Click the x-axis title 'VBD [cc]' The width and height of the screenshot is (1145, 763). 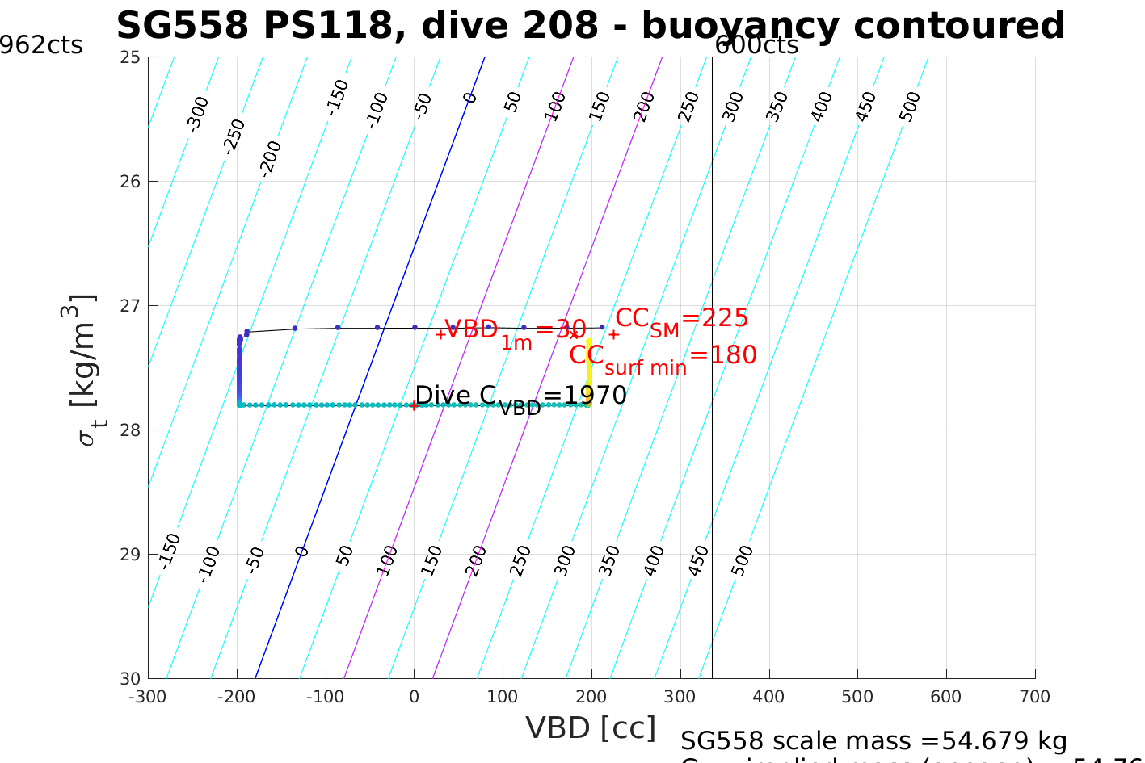click(591, 727)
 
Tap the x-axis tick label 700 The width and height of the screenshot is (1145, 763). click(1034, 697)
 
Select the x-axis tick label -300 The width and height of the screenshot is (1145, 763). click(148, 697)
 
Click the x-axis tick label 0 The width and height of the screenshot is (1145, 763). click(415, 697)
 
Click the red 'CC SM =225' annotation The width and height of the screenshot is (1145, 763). click(681, 320)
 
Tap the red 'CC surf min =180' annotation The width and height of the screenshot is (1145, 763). click(663, 357)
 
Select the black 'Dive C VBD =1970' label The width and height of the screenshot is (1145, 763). click(520, 396)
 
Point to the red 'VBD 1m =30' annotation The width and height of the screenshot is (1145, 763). click(515, 331)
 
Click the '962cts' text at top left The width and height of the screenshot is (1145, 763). click(40, 45)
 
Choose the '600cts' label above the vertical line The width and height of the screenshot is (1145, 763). click(756, 45)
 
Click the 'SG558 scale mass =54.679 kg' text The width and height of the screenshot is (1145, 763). click(873, 740)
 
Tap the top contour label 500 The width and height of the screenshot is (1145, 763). click(910, 107)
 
